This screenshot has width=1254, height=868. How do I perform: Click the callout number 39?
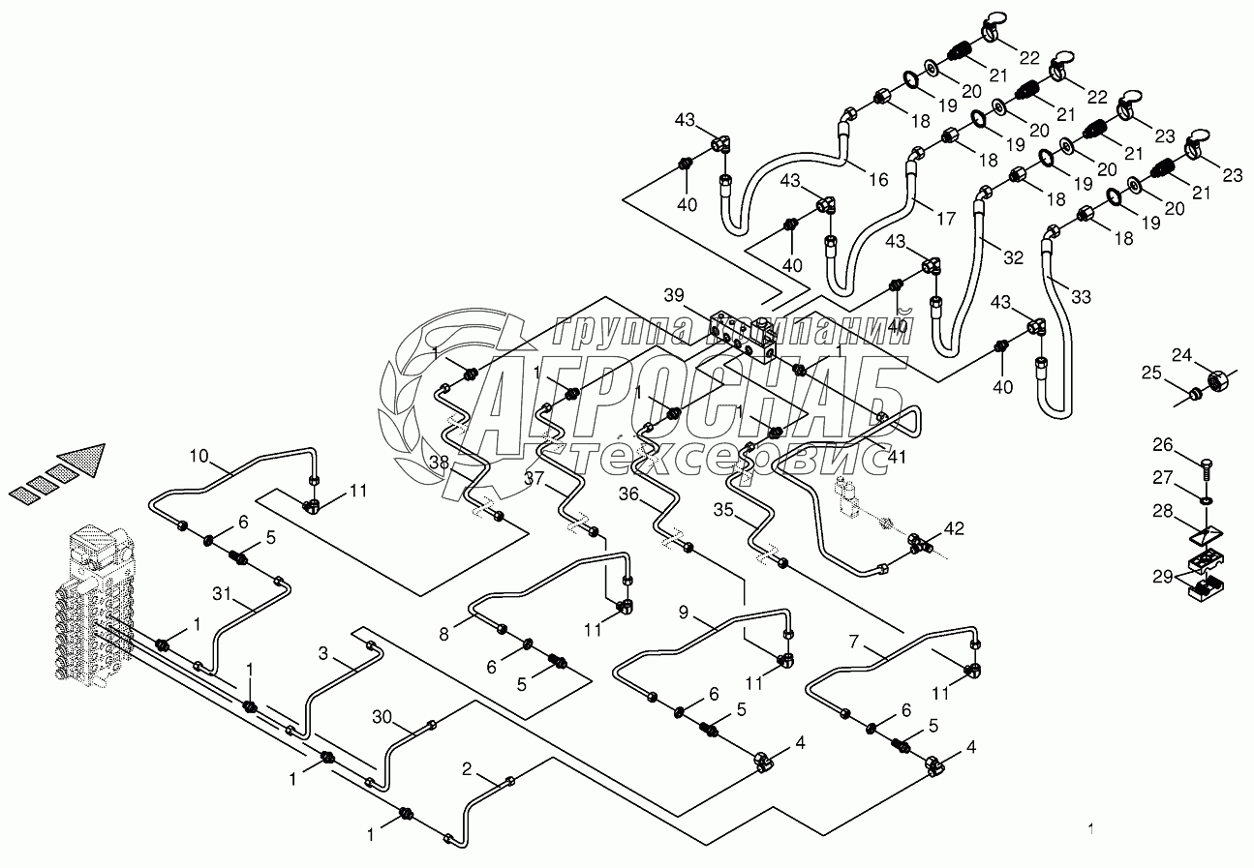click(675, 294)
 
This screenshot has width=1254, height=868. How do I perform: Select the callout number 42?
click(954, 528)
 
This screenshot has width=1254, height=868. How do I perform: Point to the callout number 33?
click(1081, 297)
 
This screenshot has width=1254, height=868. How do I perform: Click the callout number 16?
click(877, 179)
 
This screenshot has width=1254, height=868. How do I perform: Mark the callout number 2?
click(467, 769)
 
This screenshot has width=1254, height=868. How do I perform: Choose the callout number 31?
click(222, 594)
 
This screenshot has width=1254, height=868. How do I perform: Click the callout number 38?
click(440, 463)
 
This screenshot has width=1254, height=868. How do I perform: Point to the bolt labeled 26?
click(1207, 468)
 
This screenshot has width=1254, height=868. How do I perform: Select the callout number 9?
click(683, 612)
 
